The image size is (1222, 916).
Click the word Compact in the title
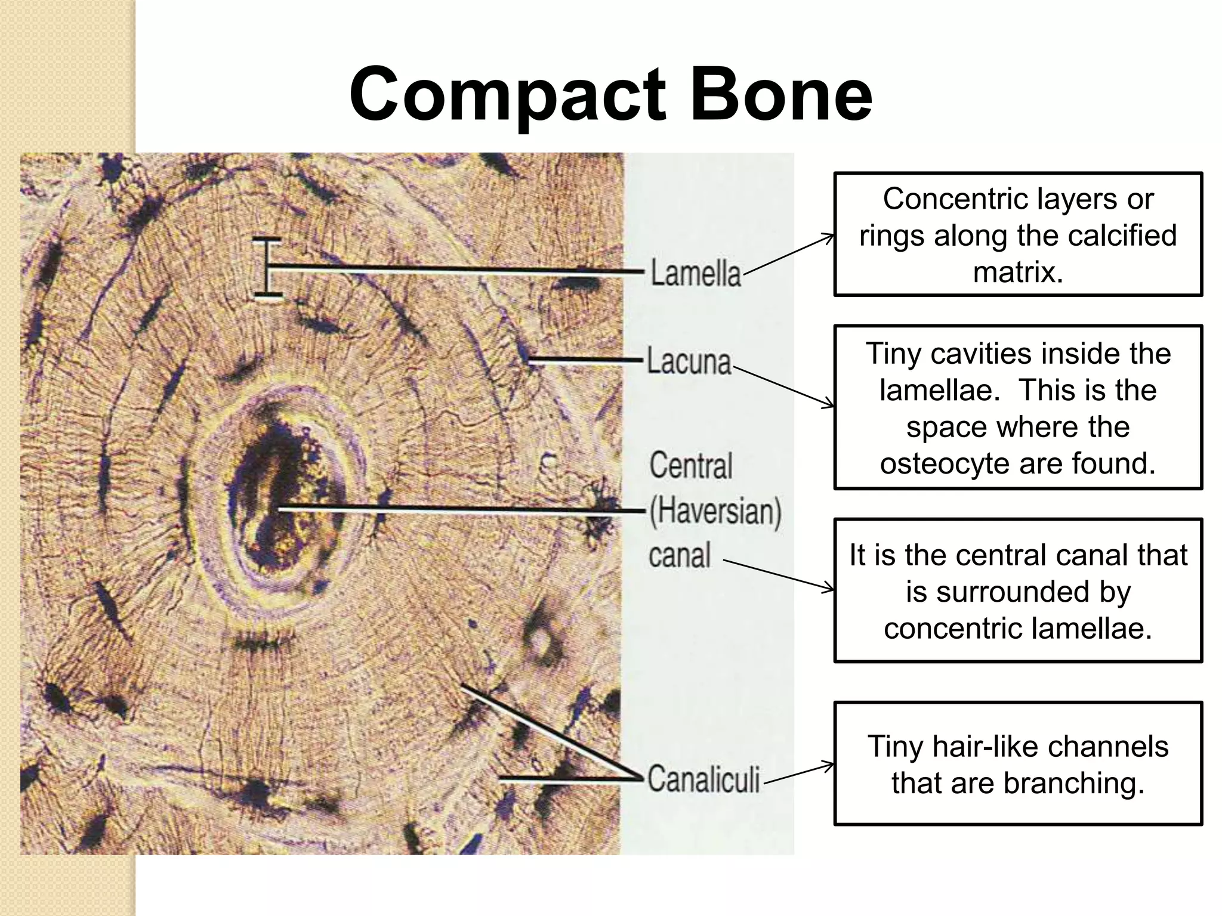(x=507, y=95)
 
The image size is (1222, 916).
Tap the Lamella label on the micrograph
(x=696, y=273)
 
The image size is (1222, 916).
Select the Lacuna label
(x=689, y=362)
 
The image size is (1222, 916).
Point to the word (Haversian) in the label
(x=715, y=512)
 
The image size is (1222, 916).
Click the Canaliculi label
(x=703, y=779)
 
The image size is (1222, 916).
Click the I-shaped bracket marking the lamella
(x=267, y=267)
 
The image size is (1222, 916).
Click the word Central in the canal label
(x=691, y=466)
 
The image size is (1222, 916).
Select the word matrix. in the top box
(x=1018, y=273)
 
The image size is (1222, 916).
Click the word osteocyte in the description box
(x=933, y=463)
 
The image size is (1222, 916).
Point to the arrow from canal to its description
(x=779, y=575)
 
